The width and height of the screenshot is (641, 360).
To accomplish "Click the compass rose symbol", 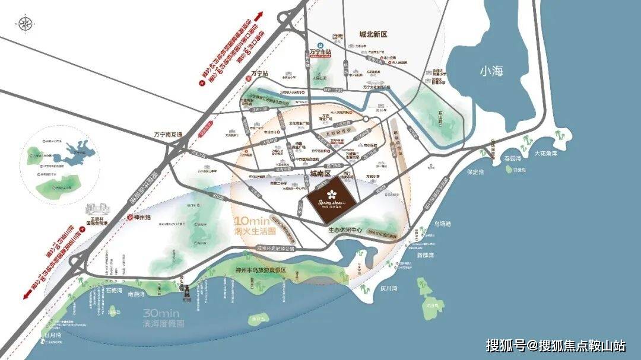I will point(26,24).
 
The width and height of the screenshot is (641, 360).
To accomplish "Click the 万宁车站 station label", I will point(320,53).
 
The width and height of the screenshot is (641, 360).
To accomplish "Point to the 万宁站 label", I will point(259,74).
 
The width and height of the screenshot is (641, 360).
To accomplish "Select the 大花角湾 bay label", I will point(544,154).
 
